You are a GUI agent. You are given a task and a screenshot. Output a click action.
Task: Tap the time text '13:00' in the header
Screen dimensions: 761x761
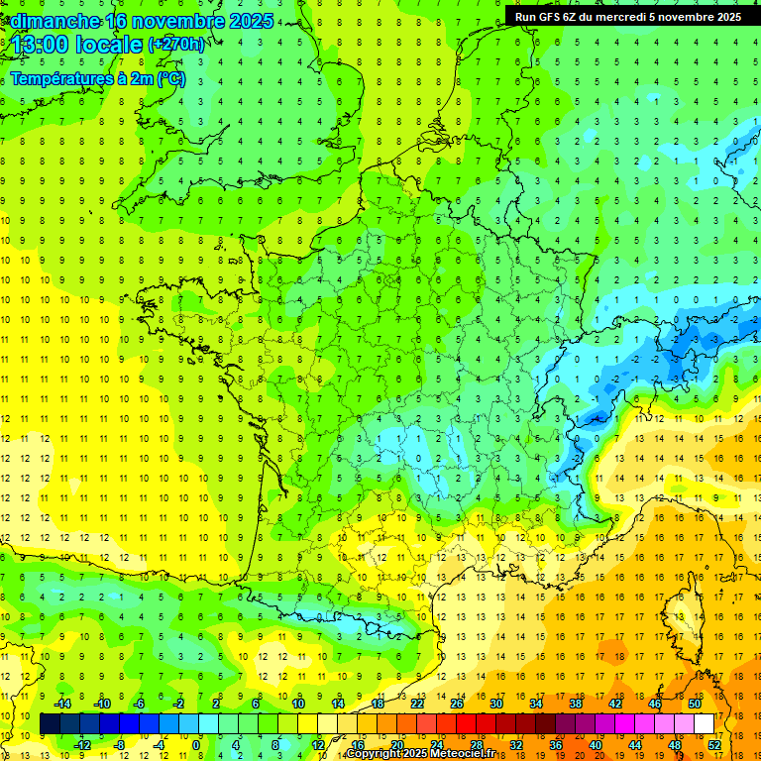click(x=40, y=45)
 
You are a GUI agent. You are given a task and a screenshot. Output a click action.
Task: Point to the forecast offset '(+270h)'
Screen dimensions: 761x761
click(x=176, y=44)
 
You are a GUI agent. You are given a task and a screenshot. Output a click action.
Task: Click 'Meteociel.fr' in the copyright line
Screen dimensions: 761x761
click(x=467, y=754)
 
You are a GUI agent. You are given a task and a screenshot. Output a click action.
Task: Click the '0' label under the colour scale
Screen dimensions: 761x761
click(x=195, y=745)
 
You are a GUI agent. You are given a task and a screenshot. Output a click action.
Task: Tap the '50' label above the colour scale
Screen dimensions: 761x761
click(x=694, y=703)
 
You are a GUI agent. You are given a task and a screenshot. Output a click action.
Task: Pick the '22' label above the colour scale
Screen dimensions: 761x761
click(x=418, y=703)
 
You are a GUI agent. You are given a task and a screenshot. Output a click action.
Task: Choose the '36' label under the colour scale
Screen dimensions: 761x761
click(x=556, y=745)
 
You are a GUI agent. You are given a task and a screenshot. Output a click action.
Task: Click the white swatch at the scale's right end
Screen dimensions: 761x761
click(x=705, y=724)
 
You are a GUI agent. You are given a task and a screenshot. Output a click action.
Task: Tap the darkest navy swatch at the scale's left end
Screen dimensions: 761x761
click(x=50, y=724)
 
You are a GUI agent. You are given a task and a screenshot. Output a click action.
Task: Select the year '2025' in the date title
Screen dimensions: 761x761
click(x=247, y=21)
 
